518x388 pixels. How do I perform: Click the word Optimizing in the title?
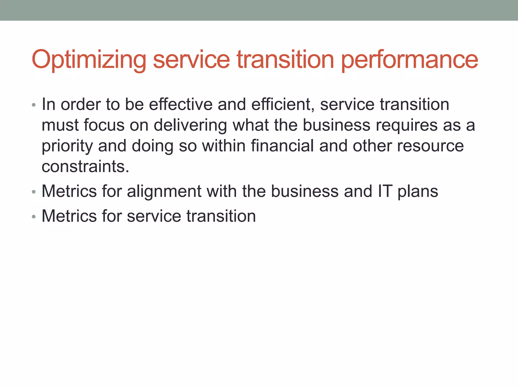(x=89, y=60)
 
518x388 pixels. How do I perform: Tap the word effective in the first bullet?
(x=181, y=104)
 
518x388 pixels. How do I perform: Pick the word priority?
(x=67, y=146)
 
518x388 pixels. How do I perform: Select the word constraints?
(x=85, y=167)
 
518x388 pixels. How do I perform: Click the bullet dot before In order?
(x=34, y=105)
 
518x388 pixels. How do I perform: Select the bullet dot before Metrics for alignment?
(x=34, y=192)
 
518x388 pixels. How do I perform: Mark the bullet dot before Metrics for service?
(x=34, y=217)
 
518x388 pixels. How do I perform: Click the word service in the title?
(x=191, y=60)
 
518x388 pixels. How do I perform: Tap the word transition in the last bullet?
(x=221, y=216)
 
